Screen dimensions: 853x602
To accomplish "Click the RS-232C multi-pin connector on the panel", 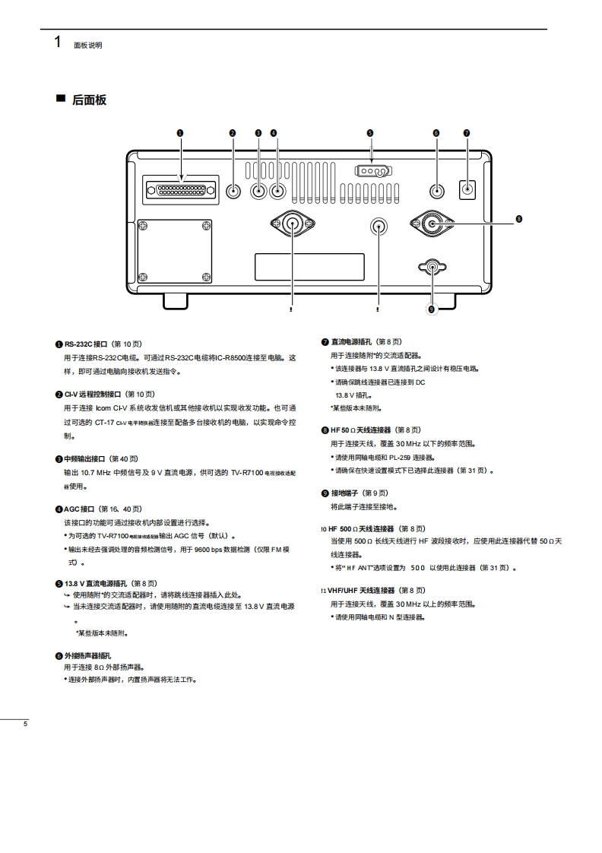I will click(x=179, y=189).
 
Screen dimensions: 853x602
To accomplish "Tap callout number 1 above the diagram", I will click(x=180, y=133).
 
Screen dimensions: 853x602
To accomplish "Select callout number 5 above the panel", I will click(x=370, y=133).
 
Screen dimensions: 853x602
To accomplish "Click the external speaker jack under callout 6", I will click(x=437, y=192).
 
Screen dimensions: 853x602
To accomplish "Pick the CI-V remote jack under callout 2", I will click(x=233, y=192).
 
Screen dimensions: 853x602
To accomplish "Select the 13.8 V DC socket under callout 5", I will click(x=370, y=171).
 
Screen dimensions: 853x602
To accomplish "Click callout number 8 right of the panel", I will click(x=519, y=219).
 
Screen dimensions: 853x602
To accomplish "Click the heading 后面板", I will click(x=89, y=100).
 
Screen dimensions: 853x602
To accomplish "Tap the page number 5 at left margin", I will click(x=25, y=723).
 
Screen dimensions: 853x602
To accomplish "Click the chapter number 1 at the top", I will click(x=58, y=42).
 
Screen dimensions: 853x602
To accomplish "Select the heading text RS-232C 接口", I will click(x=86, y=343).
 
